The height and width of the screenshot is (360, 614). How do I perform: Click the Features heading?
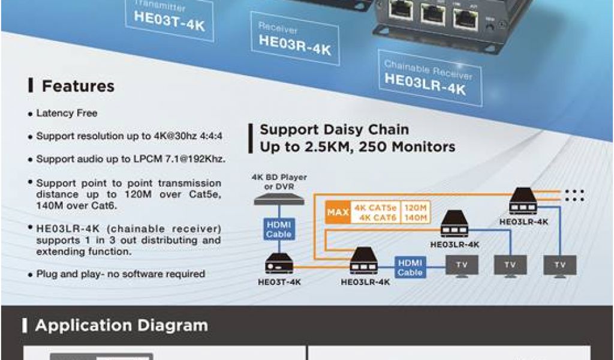pyautogui.click(x=78, y=86)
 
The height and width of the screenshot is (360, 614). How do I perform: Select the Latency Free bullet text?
pyautogui.click(x=67, y=113)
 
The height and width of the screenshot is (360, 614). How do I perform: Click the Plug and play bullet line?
pyautogui.click(x=121, y=274)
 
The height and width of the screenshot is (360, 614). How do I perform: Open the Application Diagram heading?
pyautogui.click(x=121, y=326)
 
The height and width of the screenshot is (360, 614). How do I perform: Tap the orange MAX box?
pyautogui.click(x=338, y=212)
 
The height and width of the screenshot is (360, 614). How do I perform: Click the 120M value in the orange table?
pyautogui.click(x=416, y=208)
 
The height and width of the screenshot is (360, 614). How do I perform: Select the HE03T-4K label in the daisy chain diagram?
pyautogui.click(x=279, y=281)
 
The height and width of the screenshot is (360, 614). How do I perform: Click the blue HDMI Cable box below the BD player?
pyautogui.click(x=279, y=229)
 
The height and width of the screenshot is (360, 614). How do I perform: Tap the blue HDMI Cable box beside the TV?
pyautogui.click(x=410, y=267)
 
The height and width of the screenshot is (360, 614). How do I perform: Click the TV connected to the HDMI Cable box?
pyautogui.click(x=462, y=265)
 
